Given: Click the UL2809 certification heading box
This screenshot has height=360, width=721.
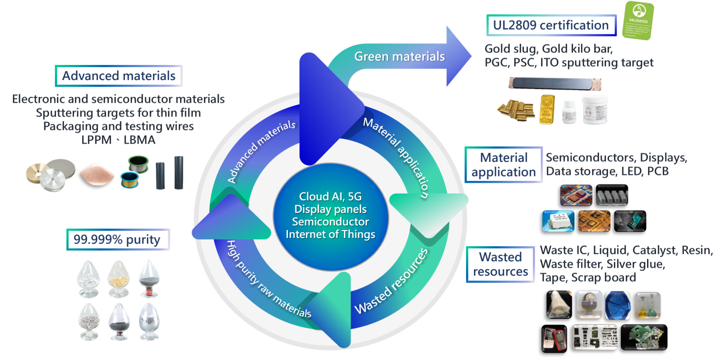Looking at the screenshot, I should [x=551, y=26].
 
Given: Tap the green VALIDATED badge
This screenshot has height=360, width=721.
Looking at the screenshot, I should [x=638, y=21].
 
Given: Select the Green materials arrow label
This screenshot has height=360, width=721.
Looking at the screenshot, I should [x=399, y=57].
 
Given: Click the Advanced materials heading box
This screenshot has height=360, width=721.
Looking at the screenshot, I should [x=119, y=76].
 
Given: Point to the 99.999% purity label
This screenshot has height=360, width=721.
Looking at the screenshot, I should [x=118, y=239].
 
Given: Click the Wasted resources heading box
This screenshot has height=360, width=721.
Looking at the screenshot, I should [x=500, y=264].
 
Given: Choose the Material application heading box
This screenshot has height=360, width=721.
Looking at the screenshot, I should [x=504, y=165].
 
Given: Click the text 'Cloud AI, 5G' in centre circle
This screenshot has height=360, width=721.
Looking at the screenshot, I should [x=330, y=196].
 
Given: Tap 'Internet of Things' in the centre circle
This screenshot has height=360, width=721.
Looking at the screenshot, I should [x=330, y=234].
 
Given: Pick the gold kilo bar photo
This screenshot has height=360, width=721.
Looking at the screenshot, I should [x=547, y=109].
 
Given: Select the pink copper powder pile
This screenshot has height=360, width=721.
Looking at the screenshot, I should [x=97, y=173].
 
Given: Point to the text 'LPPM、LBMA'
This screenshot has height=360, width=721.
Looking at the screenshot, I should [x=118, y=140].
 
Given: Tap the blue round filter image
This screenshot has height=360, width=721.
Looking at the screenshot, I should [x=618, y=305].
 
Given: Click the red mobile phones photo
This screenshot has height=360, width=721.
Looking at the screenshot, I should [x=554, y=339].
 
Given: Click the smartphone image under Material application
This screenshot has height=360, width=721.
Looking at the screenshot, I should [x=630, y=221].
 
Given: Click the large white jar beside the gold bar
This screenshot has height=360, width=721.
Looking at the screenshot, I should [x=594, y=109].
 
